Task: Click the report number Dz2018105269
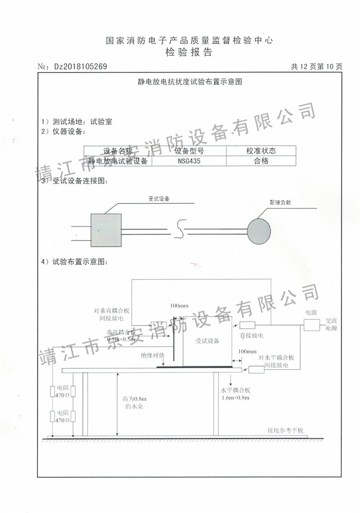tap(80, 67)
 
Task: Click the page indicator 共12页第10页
tap(316, 67)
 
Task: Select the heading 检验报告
tap(189, 52)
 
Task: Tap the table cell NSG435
tap(189, 161)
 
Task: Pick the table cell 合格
tap(261, 161)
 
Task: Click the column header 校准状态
tap(261, 151)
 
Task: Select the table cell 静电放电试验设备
tap(118, 161)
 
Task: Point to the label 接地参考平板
tap(285, 430)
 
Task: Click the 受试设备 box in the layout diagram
tap(207, 341)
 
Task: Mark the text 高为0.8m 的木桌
tap(135, 402)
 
